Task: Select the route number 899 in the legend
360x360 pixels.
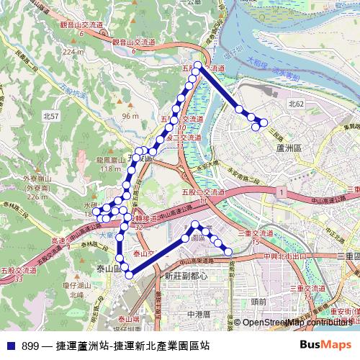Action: [31, 346]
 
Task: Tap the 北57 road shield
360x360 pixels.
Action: [52, 115]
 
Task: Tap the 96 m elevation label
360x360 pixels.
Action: [130, 116]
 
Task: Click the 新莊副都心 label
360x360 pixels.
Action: [186, 276]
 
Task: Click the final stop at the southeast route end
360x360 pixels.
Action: [228, 251]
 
